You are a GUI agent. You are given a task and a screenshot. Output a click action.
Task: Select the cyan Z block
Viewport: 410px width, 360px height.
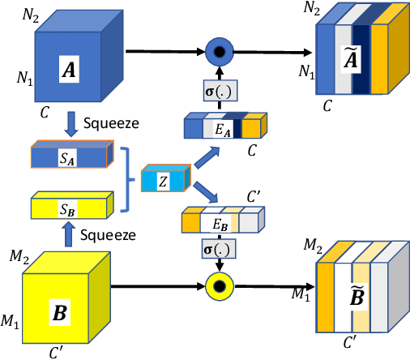point(164,180)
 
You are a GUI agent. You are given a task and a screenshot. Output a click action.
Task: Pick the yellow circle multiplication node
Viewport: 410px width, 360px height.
point(216,285)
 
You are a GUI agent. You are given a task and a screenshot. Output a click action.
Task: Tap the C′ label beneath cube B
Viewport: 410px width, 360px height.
point(60,352)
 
